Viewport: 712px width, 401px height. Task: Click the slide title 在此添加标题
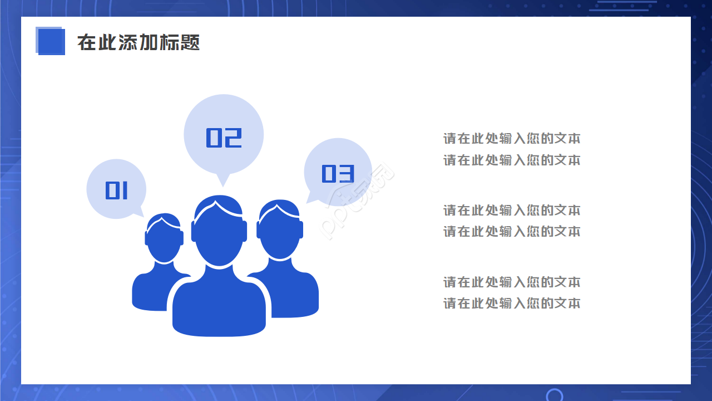(139, 42)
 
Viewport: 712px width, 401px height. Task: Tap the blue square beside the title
(51, 41)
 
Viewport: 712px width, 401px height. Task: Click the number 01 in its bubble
(117, 191)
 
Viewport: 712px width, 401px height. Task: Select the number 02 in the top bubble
(224, 138)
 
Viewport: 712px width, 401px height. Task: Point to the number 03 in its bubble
(338, 174)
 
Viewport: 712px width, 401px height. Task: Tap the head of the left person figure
(164, 239)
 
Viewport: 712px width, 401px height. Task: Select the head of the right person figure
(280, 231)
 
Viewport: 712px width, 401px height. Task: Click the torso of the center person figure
(219, 306)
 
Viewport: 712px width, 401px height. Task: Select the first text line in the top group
(512, 139)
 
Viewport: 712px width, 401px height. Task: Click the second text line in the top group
(512, 160)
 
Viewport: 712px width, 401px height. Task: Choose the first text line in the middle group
(512, 211)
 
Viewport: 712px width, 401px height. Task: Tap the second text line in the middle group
(512, 232)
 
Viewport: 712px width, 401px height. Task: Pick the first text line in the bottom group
(512, 282)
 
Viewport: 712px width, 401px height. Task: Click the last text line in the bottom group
(512, 304)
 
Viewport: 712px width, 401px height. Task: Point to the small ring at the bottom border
(554, 395)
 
